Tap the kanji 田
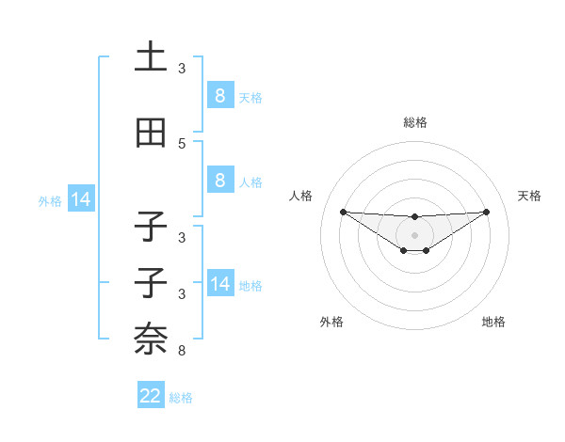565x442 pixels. click(151, 134)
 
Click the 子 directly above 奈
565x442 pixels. click(151, 282)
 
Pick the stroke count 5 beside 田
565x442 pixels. click(182, 144)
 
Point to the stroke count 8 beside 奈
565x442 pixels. click(182, 351)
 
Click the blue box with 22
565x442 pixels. click(151, 396)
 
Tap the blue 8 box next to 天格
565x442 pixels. click(219, 95)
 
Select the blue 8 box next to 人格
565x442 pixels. click(219, 181)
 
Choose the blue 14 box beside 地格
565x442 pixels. click(219, 284)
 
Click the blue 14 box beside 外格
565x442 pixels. click(80, 199)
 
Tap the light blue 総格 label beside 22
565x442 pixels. click(182, 398)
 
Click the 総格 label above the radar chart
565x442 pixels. click(415, 122)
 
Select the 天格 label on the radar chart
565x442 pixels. click(530, 196)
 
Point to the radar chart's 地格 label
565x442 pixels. click(493, 322)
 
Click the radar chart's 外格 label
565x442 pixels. click(331, 322)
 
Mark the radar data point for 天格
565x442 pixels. click(487, 211)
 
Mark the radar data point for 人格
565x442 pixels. click(343, 211)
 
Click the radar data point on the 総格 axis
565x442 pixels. click(415, 217)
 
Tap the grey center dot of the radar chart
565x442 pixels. click(415, 234)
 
